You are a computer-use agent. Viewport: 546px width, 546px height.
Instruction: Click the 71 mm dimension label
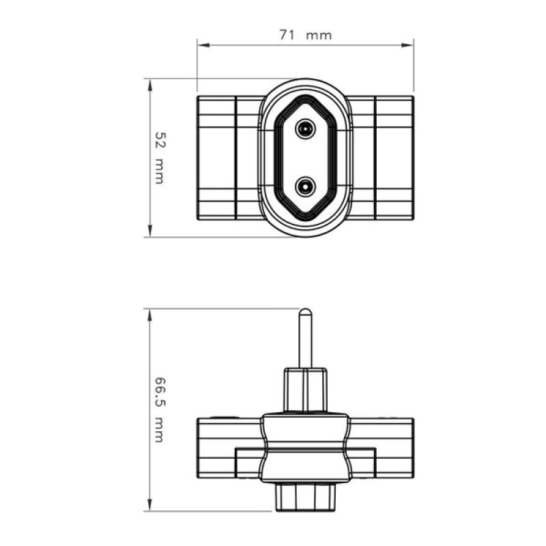(x=305, y=35)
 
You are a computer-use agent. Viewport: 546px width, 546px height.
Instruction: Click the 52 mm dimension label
(x=160, y=158)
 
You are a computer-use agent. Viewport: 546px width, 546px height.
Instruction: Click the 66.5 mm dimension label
(x=160, y=409)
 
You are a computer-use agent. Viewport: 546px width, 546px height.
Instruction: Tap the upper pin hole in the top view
(x=305, y=129)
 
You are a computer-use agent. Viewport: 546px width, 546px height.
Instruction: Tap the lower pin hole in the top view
(x=305, y=186)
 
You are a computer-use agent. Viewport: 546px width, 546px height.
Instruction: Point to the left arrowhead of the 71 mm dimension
(x=203, y=45)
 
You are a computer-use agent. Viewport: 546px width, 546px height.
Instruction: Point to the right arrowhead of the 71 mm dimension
(x=407, y=45)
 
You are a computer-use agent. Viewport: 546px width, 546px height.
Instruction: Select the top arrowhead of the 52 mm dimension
(x=150, y=85)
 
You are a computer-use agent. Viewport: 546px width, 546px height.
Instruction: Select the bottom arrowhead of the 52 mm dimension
(x=150, y=231)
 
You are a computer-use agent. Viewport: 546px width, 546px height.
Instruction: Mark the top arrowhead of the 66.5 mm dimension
(x=150, y=315)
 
